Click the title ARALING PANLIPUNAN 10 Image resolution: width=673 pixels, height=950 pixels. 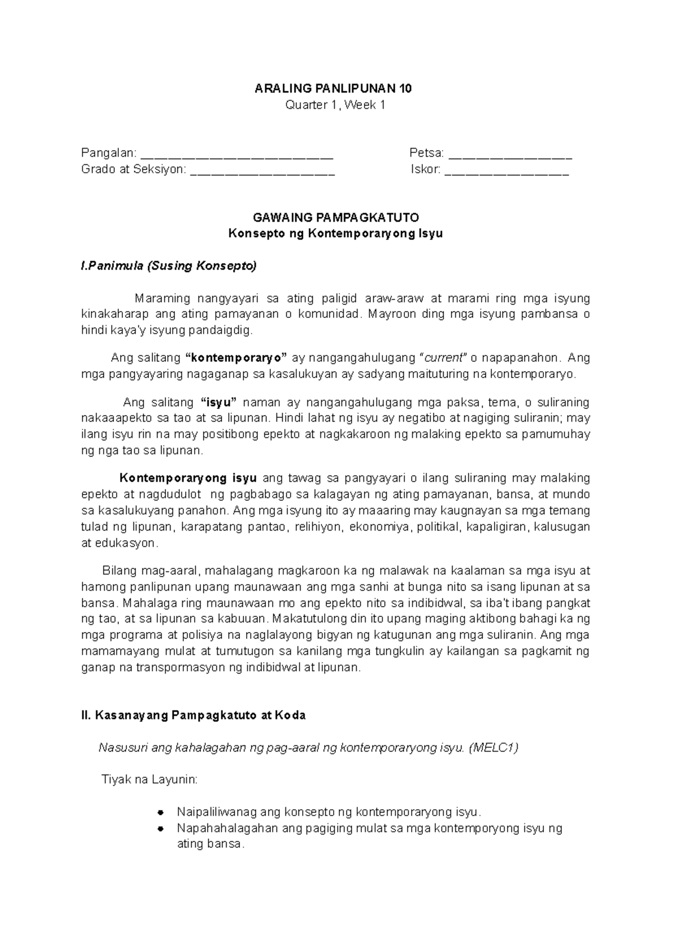click(334, 89)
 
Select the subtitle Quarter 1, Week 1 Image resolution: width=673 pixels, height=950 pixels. click(335, 105)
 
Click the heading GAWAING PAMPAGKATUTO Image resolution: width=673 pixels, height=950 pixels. click(336, 218)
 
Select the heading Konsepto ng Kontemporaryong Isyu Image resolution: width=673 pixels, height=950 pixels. click(335, 234)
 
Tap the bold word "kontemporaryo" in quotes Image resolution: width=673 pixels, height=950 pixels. click(236, 358)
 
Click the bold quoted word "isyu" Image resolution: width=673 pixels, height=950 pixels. click(219, 402)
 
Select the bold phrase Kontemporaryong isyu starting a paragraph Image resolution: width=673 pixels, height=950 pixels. click(188, 478)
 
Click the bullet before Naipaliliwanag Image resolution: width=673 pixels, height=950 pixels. click(160, 813)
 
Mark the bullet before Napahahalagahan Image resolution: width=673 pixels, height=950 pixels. click(160, 828)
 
